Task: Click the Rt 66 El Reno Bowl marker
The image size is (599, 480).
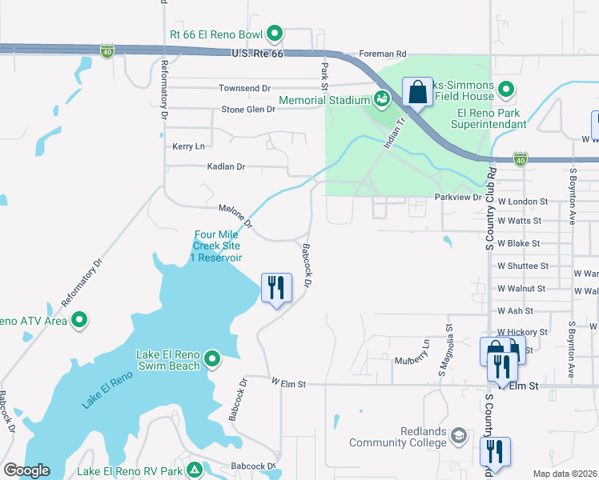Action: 275,34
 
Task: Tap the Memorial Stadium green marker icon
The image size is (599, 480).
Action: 382,100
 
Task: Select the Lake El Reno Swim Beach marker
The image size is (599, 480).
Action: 212,358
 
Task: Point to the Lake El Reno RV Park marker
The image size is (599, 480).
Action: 193,470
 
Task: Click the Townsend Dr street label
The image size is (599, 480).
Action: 245,88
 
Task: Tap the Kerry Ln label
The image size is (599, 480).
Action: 188,146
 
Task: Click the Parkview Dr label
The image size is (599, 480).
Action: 457,196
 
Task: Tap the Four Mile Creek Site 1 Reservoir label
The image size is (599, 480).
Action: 217,246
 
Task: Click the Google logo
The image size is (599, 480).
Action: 26,470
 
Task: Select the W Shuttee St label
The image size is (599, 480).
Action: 522,266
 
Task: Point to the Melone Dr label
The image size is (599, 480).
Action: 235,215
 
